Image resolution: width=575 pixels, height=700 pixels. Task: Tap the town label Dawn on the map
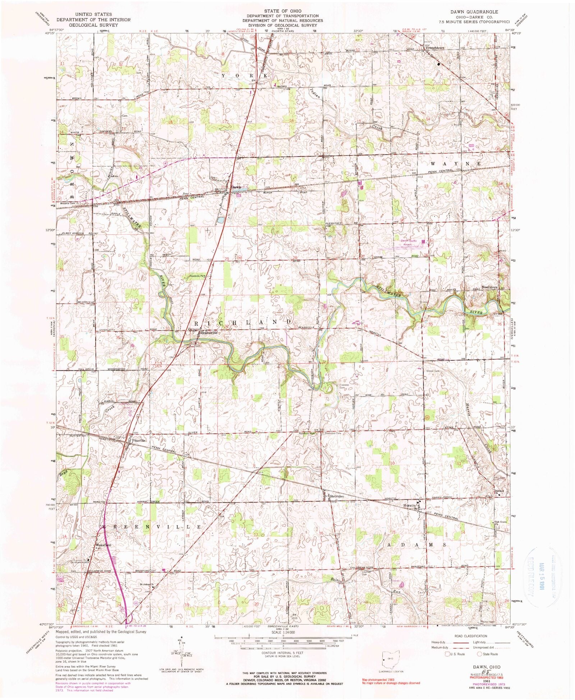(236, 187)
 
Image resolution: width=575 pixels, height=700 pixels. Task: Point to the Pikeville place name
(138, 440)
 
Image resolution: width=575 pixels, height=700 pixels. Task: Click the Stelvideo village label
(336, 496)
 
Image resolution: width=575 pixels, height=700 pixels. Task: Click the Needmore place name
(489, 287)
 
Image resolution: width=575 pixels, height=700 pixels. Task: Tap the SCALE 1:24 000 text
(283, 633)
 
